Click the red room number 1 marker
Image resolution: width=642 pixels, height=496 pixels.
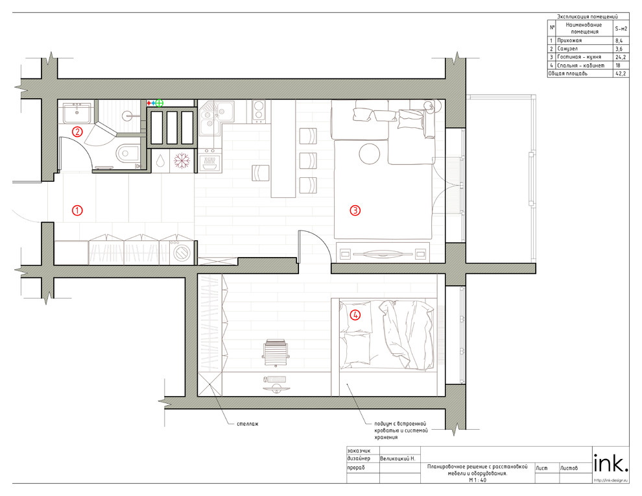pos(77,210)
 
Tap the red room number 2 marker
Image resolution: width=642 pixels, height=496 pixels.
pos(77,132)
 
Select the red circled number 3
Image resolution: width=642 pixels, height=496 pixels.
pos(355,210)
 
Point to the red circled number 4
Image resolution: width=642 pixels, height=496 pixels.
pos(355,316)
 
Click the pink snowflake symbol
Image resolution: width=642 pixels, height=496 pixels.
pos(182,160)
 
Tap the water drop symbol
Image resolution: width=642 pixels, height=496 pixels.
pos(161,160)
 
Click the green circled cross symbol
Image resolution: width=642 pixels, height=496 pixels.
pos(160,103)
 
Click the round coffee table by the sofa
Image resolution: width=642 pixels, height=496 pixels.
pos(370,153)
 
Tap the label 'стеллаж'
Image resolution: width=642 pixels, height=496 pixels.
pos(248,424)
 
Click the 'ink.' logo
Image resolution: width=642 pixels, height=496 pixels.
pos(610,463)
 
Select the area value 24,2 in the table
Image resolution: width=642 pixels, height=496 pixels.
pos(621,57)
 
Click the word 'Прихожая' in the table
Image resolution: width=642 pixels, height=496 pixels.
pos(569,41)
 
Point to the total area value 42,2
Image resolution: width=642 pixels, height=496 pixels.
pos(621,74)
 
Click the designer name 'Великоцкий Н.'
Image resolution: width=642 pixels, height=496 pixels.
pos(398,459)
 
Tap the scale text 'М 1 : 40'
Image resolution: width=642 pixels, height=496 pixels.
pos(477,480)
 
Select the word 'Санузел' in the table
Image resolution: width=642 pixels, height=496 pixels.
pos(567,49)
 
